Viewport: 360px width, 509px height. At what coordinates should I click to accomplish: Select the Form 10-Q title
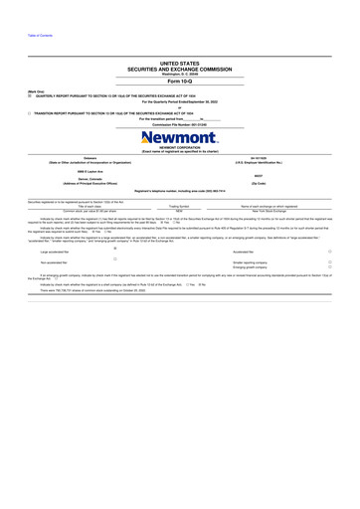(x=179, y=80)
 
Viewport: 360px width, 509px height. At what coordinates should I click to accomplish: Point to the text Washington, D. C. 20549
(x=179, y=73)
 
